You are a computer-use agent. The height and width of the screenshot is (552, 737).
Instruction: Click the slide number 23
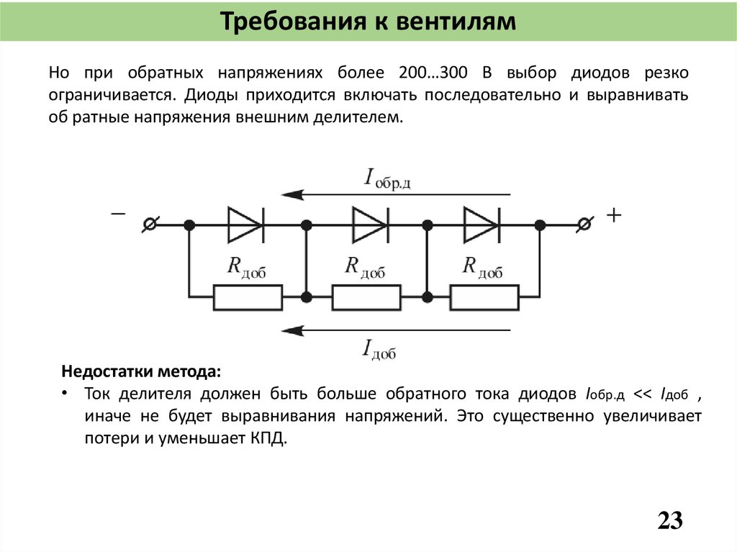click(x=669, y=520)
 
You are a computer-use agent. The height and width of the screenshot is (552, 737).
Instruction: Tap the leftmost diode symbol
click(x=245, y=225)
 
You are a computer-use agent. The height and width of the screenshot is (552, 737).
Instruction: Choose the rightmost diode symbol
click(x=481, y=225)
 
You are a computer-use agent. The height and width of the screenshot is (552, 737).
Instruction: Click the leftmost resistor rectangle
click(x=248, y=297)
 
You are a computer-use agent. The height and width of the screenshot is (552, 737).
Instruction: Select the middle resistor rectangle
click(x=366, y=297)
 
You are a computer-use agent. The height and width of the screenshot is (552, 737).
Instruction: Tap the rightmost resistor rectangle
click(x=484, y=297)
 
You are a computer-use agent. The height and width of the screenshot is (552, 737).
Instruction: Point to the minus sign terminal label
click(x=117, y=214)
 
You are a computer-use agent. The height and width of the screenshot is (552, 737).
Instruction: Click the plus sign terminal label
click(x=613, y=215)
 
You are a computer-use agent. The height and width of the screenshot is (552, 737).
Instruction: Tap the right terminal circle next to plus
click(x=585, y=225)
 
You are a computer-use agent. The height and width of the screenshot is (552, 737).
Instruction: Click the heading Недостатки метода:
click(x=142, y=372)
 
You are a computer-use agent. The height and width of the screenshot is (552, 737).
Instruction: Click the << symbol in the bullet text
click(x=643, y=394)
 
